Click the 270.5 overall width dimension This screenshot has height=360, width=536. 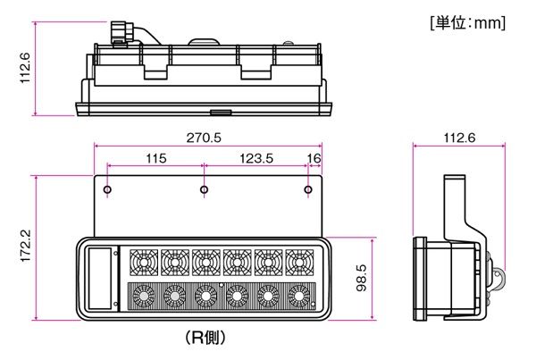(x=204, y=138)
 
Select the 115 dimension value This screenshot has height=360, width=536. (x=156, y=158)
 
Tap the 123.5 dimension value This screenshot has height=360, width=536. (x=256, y=158)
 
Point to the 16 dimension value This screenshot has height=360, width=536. (x=314, y=158)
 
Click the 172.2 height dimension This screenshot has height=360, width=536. (x=26, y=246)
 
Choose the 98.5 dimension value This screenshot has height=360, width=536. (x=361, y=278)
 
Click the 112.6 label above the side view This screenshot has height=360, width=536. (x=459, y=138)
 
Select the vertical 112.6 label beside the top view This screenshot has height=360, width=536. (x=25, y=68)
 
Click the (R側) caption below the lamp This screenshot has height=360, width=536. (x=205, y=338)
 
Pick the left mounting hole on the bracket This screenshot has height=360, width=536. (x=107, y=189)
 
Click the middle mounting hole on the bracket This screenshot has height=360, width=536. (x=204, y=189)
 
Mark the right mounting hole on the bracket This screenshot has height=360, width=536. (x=308, y=189)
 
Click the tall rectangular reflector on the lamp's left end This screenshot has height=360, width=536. (x=100, y=279)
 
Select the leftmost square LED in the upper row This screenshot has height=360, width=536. (x=144, y=263)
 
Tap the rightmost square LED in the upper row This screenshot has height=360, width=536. (x=299, y=263)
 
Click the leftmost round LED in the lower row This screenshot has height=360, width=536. (x=144, y=296)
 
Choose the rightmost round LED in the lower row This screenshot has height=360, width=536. (x=298, y=296)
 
